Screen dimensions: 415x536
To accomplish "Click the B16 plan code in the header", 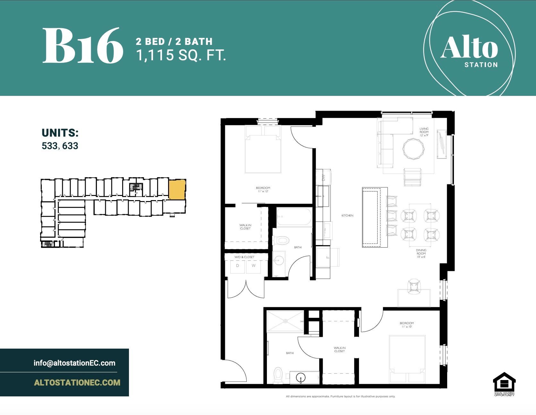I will (x=83, y=46).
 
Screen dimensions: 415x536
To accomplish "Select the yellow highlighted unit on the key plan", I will (x=177, y=190).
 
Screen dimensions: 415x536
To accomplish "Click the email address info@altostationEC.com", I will (x=74, y=363).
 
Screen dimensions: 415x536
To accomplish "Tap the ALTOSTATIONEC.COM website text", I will (x=77, y=382).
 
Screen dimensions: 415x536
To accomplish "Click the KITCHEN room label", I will (x=347, y=216).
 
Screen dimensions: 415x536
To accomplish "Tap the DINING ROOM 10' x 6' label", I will (x=421, y=253).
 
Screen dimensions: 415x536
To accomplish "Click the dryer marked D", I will (x=238, y=266).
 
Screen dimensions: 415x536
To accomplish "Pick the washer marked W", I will (x=253, y=266).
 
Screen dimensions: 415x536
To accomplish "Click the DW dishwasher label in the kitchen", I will (x=323, y=177).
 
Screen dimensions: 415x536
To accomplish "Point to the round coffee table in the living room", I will (x=415, y=148).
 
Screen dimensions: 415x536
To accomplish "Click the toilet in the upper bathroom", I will (x=281, y=240).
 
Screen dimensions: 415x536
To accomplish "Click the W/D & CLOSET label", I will (x=244, y=257).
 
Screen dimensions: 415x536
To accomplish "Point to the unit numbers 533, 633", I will (x=60, y=146).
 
